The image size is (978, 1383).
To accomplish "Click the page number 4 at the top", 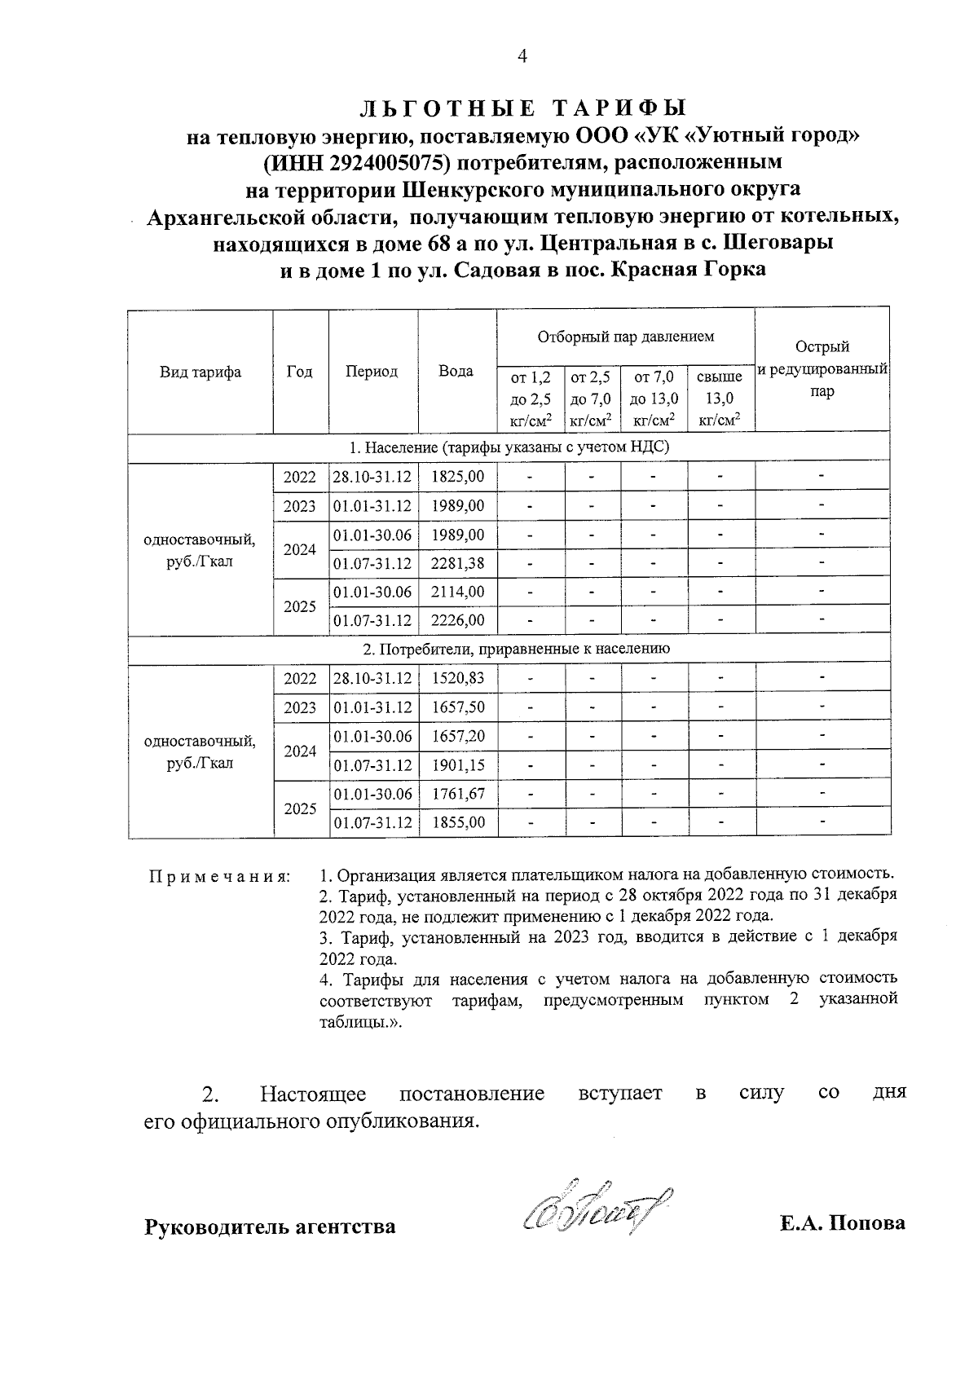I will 522,56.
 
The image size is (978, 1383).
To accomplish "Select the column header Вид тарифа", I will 200,372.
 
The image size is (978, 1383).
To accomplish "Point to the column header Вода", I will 456,372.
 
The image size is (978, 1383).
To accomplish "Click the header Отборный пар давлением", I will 625,337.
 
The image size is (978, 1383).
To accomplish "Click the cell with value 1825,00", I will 457,477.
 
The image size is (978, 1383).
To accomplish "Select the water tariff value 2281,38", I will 457,563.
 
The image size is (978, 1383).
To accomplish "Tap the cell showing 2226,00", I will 457,620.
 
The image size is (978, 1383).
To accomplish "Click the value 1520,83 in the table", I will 457,678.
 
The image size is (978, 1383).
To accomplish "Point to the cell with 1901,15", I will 457,765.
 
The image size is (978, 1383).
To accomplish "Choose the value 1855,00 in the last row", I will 457,822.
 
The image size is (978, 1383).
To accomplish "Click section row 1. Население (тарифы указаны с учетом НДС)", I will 509,447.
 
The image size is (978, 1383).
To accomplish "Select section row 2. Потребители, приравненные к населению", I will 516,649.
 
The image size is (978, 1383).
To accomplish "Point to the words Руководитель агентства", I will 270,1226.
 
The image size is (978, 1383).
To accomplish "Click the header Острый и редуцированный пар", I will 822,369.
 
